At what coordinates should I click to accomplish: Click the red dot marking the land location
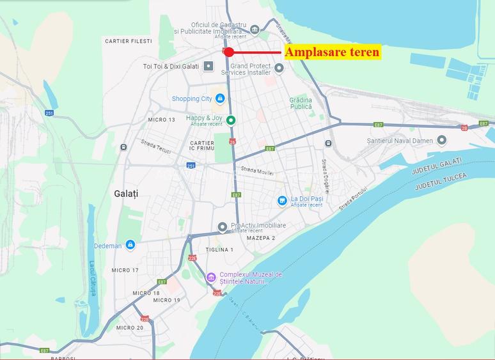click(228, 52)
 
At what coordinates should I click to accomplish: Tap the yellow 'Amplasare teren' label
click(332, 52)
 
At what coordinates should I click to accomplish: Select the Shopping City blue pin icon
click(220, 98)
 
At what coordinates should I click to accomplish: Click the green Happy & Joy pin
click(231, 120)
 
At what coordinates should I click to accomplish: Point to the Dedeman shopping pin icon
click(130, 245)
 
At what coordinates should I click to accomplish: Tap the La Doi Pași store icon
click(282, 201)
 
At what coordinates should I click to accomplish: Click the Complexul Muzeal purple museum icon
click(211, 278)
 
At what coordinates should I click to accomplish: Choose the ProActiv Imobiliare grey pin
click(223, 226)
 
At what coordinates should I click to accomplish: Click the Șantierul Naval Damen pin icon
click(442, 140)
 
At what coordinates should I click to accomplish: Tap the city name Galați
click(126, 193)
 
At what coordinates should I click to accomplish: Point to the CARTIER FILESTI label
click(128, 41)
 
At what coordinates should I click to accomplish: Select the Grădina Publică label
click(301, 104)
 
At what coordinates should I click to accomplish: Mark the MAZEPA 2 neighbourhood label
click(260, 238)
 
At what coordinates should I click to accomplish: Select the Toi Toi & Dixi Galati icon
click(208, 67)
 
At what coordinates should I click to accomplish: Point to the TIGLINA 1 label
click(220, 249)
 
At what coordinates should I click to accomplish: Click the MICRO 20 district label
click(130, 327)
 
